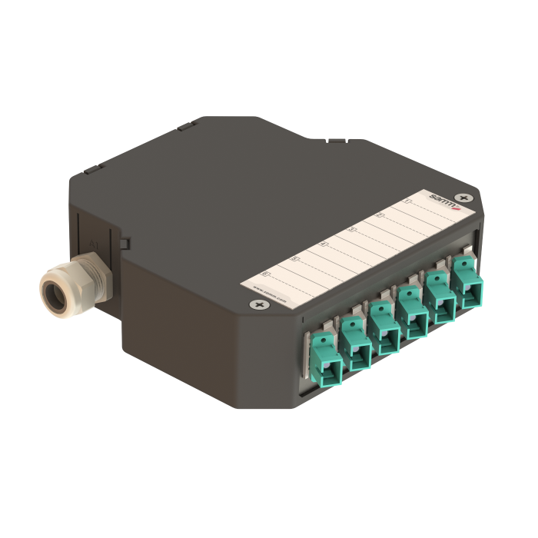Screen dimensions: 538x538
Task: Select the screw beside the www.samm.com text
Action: [x=257, y=306]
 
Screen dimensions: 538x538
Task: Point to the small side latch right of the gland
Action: [x=123, y=244]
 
